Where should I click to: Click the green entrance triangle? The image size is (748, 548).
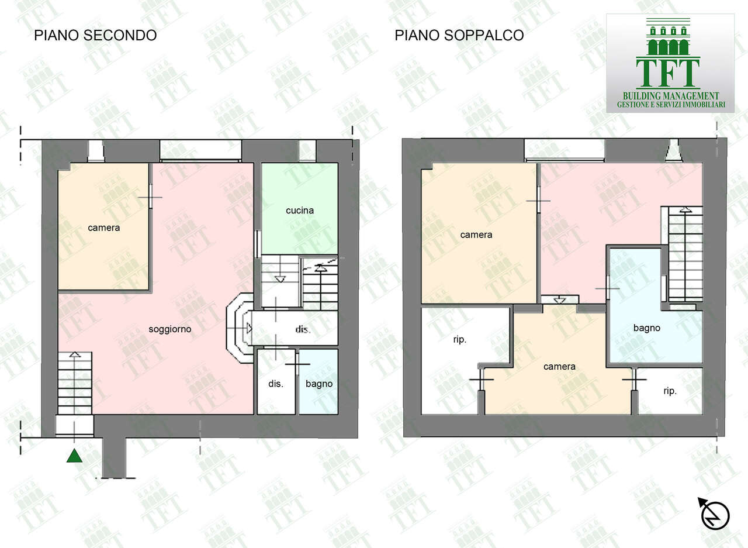[74, 455]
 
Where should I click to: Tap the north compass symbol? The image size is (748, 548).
[715, 515]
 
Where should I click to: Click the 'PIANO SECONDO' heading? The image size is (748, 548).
[95, 35]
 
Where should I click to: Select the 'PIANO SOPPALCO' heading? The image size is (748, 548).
[459, 35]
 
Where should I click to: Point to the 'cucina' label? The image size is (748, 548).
[300, 210]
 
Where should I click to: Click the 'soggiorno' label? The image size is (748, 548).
[170, 329]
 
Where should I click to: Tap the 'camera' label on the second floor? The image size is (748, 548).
[104, 228]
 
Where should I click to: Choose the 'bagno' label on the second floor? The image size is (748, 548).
[319, 384]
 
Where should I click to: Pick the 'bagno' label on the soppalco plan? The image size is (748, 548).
[647, 328]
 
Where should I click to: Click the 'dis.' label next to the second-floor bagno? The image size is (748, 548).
[276, 384]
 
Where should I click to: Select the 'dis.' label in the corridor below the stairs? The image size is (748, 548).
[303, 330]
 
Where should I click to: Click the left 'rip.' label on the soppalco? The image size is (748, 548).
[460, 339]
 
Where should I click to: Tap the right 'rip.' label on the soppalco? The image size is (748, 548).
[670, 391]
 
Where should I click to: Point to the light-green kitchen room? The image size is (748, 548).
[300, 193]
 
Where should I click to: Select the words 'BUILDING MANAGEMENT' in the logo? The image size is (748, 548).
[670, 96]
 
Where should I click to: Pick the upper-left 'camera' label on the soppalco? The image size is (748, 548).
[476, 235]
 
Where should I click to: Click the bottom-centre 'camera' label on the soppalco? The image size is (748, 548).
[559, 367]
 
